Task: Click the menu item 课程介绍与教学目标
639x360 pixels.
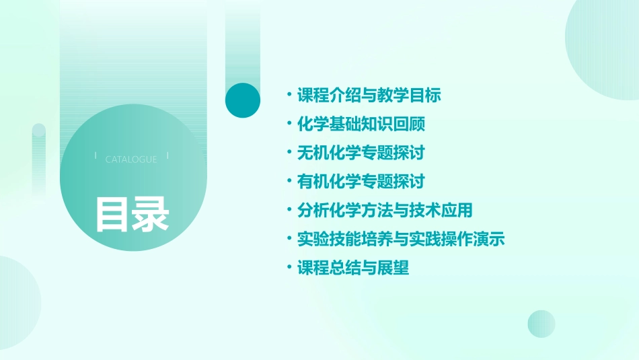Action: click(369, 95)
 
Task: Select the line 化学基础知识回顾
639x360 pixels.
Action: click(361, 124)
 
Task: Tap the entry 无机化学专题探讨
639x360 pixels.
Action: click(361, 153)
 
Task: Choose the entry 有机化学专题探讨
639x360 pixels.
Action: click(361, 182)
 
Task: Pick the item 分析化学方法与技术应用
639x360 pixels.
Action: click(385, 210)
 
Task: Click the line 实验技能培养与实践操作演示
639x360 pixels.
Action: click(401, 239)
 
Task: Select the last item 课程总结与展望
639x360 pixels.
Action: click(353, 268)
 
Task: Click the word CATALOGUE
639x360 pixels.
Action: click(131, 159)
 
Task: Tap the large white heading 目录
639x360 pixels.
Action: click(132, 214)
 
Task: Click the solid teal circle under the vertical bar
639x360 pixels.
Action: click(243, 100)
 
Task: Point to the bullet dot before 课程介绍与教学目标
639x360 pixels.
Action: click(289, 95)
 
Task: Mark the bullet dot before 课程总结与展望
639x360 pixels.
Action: click(289, 268)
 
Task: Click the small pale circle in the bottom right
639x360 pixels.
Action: click(541, 324)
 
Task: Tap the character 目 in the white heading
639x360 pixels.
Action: click(112, 214)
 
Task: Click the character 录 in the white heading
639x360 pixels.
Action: click(151, 214)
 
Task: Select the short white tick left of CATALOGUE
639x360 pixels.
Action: click(96, 156)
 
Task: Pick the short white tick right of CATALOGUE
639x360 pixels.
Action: click(167, 156)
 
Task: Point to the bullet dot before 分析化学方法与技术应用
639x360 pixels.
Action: click(289, 210)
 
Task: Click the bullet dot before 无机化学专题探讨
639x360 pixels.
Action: click(289, 153)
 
